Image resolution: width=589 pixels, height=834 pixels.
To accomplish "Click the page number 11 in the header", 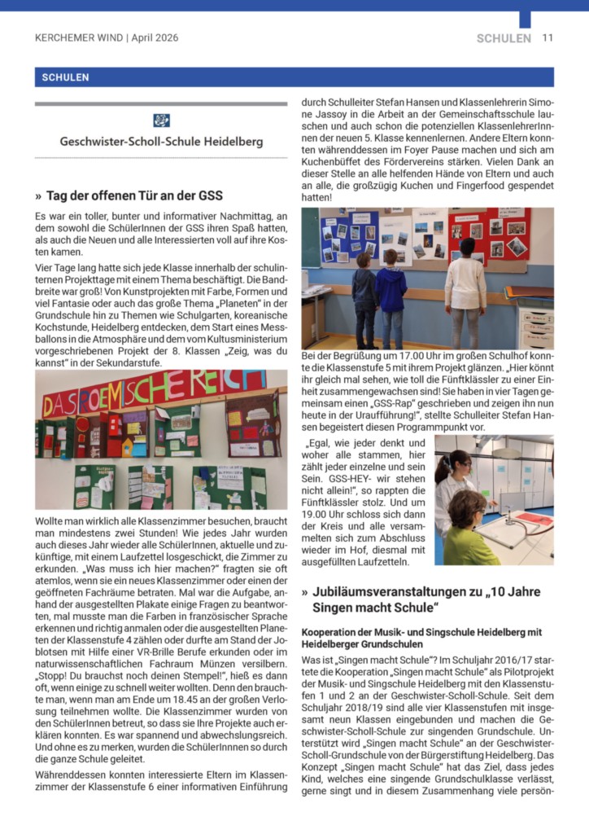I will [x=548, y=37].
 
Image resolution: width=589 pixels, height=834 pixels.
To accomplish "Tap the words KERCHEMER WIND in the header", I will [x=79, y=37].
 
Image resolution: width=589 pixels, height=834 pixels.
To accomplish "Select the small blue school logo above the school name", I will [x=161, y=121].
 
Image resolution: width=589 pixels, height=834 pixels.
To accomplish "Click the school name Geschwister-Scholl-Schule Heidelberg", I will [x=161, y=142].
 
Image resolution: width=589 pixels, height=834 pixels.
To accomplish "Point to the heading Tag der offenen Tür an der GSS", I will [x=134, y=195].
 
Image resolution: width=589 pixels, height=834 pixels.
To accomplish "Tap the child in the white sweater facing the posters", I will [x=465, y=289].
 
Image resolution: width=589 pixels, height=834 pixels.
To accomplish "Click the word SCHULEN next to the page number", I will [x=504, y=37].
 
